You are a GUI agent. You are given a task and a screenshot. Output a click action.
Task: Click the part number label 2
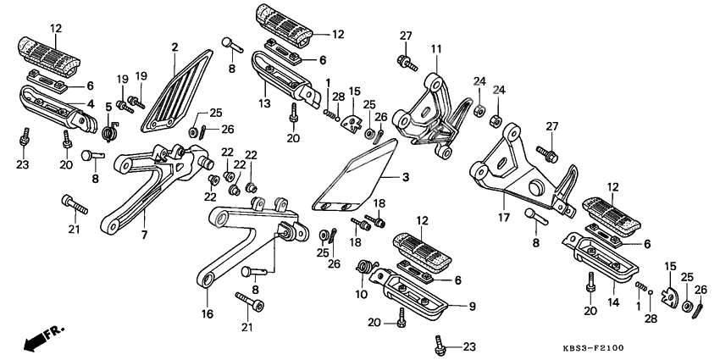click(x=174, y=47)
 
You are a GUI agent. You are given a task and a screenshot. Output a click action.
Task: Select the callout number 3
click(x=405, y=177)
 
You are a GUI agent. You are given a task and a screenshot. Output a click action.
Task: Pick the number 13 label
click(x=264, y=104)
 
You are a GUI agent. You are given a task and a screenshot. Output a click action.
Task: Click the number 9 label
click(x=472, y=307)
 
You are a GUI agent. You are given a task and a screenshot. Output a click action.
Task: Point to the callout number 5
click(x=108, y=106)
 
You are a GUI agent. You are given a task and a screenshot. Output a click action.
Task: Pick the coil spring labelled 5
click(x=108, y=132)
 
